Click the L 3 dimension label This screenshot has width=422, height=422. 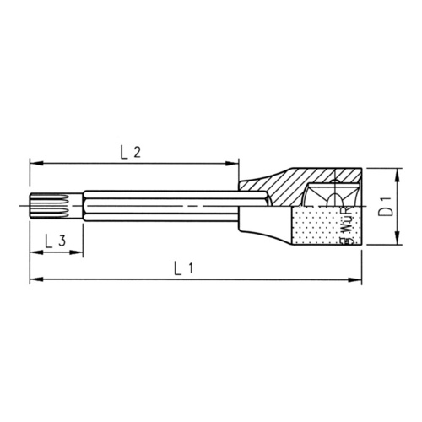click(54, 239)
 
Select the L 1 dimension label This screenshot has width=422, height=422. click(185, 269)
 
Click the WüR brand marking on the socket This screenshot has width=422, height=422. click(349, 225)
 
